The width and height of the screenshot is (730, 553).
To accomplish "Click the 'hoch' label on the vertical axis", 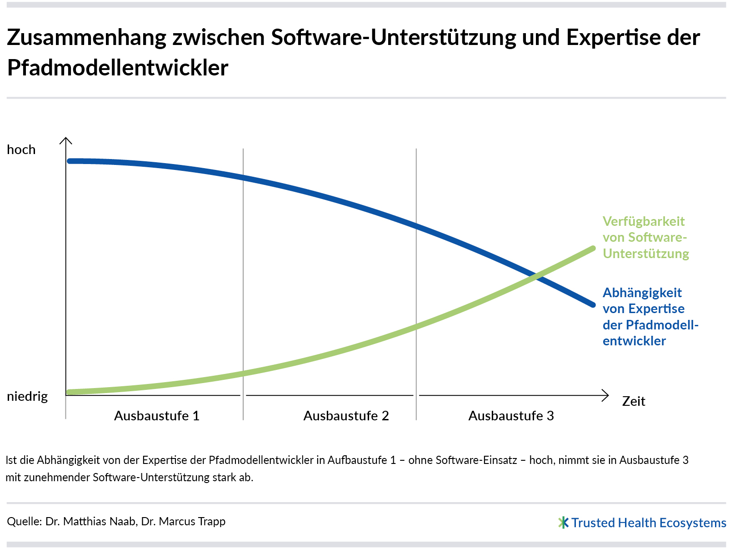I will pos(21,150).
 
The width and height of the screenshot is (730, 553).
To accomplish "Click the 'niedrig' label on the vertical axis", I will pos(27,396).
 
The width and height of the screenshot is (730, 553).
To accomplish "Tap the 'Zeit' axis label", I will pos(634,401).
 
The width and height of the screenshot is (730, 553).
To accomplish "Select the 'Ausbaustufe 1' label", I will pos(157,416).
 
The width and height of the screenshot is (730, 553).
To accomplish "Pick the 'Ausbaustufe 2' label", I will pos(346,416).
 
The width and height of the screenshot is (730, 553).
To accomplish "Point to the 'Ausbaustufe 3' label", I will pos(511,416).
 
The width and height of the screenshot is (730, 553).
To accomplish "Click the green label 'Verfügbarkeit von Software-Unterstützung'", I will pos(645,238).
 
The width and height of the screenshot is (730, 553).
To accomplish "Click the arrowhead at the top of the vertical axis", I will pos(66,140).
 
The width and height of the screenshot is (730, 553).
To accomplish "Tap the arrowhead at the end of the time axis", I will pos(605,395).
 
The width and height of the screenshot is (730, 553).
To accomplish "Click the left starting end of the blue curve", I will pos(70,161).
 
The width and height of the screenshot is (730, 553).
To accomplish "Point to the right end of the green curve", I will pos(593,249).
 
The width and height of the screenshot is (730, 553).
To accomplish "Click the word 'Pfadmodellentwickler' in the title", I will pos(118,68).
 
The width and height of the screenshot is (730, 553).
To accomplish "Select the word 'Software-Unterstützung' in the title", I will pos(394,37).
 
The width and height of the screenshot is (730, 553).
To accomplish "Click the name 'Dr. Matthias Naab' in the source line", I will pos(90,521).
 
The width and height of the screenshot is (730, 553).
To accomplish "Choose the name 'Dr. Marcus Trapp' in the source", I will pos(183,521).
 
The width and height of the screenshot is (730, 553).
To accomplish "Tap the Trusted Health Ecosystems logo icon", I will pos(563,523).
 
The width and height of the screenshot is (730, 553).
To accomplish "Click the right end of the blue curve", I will pos(593,305).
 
